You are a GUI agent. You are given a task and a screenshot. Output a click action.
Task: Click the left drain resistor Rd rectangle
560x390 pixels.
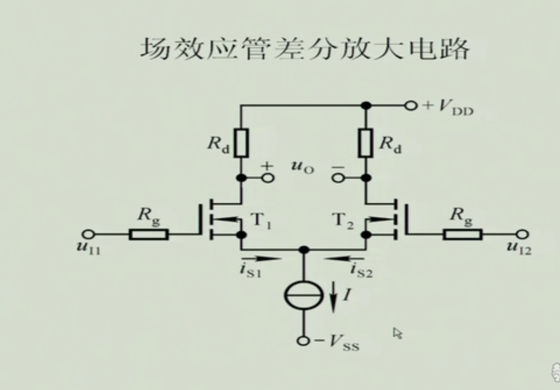[241, 143]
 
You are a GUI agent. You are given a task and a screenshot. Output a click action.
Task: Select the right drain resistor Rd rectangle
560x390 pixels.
[365, 143]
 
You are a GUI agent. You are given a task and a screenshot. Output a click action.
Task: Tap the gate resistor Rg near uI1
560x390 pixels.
[148, 234]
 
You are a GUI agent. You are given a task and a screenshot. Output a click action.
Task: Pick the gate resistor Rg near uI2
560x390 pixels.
[463, 234]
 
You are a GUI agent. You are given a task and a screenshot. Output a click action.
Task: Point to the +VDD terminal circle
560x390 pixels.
[411, 106]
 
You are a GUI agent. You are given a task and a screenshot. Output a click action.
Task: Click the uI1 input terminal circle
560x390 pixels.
[88, 234]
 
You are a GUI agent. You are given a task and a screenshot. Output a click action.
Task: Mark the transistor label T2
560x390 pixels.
[343, 220]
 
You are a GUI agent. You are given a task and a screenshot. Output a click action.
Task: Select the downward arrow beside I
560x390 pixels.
[333, 298]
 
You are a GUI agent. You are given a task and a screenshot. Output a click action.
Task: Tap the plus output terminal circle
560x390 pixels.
[267, 177]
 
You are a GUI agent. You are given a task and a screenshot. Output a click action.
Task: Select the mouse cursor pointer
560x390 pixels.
[397, 333]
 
